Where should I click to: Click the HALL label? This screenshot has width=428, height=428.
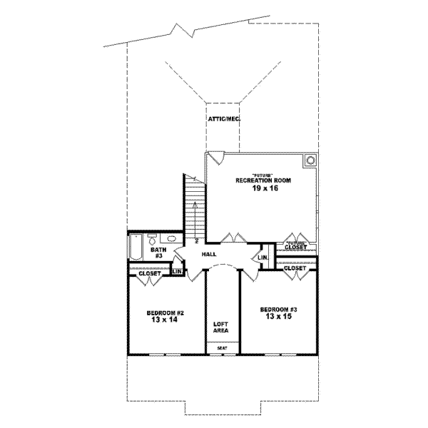point(209,254)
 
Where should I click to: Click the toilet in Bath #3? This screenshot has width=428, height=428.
point(152,240)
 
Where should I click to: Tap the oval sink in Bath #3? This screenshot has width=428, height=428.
point(170,240)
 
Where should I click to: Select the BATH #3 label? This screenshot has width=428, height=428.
point(158,254)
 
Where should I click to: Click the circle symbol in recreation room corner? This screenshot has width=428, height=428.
point(311,161)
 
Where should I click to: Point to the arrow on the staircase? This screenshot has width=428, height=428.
point(194,207)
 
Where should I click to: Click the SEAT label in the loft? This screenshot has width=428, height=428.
point(222,348)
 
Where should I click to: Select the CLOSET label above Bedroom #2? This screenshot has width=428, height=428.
point(150,273)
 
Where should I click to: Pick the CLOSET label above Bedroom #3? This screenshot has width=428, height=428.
point(295,268)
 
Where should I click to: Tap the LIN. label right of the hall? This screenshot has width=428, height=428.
point(263,258)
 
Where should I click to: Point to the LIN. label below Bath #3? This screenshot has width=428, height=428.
point(178,272)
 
